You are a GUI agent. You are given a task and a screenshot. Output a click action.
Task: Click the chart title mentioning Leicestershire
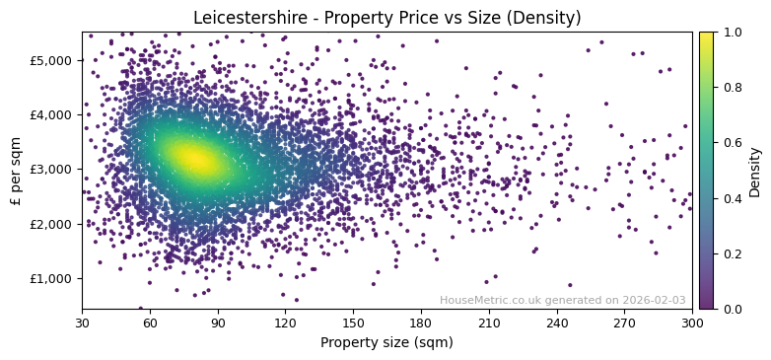coord(386,18)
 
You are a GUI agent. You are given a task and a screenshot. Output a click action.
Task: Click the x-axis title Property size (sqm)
coord(386,342)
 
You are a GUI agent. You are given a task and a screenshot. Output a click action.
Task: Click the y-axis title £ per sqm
coord(16,171)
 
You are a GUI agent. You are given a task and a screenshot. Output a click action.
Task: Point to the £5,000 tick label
coord(51,60)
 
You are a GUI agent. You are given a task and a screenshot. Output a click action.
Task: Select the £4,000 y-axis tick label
coord(51,114)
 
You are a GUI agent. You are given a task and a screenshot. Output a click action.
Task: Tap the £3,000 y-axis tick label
coord(51,169)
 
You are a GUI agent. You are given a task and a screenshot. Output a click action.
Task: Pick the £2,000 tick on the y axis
coord(51,224)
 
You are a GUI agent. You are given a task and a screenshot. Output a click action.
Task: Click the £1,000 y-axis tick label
coord(51,278)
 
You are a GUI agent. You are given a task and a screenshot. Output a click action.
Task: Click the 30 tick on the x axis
coord(82,323)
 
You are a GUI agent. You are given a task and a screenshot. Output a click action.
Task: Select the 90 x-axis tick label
coord(218,323)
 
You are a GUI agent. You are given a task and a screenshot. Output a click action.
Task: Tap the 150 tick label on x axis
coord(353,323)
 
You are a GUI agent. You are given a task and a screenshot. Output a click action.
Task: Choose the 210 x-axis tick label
coord(489,323)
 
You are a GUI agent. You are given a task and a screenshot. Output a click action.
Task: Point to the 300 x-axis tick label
coord(692,323)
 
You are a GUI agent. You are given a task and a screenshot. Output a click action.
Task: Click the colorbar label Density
coord(755,171)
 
